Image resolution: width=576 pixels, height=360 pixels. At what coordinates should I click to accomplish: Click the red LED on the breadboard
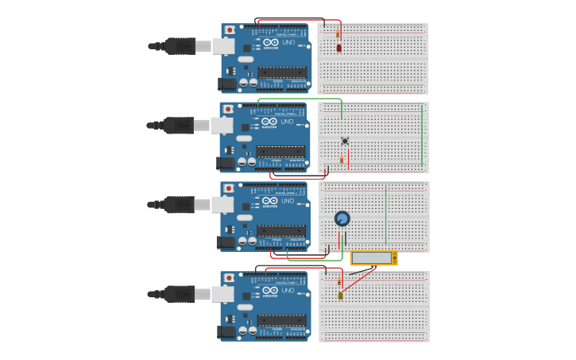339,48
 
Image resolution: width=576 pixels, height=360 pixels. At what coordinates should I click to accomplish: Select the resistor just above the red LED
338,34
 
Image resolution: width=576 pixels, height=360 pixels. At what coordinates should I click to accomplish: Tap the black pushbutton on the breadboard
345,141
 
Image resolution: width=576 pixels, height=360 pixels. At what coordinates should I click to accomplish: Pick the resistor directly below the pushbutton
342,160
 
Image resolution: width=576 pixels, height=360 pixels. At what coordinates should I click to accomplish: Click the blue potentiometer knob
342,219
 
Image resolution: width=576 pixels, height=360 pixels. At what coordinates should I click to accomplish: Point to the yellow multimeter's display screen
372,258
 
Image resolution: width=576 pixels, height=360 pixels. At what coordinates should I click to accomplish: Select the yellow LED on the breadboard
340,296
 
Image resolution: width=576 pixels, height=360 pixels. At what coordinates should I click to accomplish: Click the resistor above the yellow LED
340,281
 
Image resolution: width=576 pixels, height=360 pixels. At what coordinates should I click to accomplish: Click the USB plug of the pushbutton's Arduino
180,125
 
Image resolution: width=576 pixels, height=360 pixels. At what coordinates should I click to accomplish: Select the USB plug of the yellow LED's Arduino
180,294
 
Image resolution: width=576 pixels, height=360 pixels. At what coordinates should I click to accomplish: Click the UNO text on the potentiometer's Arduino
288,201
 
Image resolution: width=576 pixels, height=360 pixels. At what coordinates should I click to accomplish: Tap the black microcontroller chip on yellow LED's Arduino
281,320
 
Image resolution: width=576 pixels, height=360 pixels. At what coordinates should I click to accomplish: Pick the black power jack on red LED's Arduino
227,83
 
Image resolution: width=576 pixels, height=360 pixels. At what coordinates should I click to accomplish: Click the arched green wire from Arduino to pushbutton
302,99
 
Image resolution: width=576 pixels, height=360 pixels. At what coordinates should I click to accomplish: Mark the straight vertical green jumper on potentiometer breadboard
386,215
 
